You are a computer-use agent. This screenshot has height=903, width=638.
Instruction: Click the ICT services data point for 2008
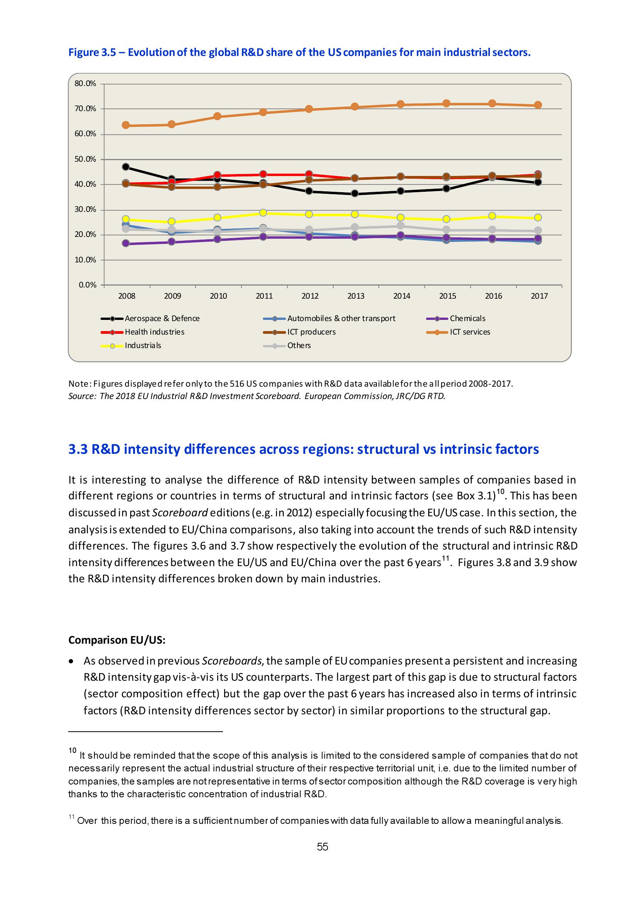(x=126, y=125)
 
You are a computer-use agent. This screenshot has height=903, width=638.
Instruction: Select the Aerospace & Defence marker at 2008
(x=126, y=167)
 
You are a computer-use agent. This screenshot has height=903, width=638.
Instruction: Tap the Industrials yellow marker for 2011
(x=263, y=213)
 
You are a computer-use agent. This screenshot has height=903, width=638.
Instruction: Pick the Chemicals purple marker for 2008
(x=126, y=243)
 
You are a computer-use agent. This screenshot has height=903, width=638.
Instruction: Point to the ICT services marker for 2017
(x=538, y=105)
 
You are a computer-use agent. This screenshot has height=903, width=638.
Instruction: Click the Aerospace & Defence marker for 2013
(x=354, y=193)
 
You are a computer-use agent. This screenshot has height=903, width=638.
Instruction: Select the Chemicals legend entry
(x=467, y=319)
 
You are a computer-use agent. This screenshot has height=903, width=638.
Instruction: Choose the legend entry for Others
(x=299, y=345)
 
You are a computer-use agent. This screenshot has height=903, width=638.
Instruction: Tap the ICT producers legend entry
(x=311, y=332)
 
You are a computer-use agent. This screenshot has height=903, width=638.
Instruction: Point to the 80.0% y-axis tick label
(x=85, y=83)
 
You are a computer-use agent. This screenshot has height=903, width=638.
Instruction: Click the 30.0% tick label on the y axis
(x=85, y=210)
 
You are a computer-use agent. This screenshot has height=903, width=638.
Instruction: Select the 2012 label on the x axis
(x=310, y=296)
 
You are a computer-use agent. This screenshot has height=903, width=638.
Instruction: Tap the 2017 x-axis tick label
(x=539, y=296)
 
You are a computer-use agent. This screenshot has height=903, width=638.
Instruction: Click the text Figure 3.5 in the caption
(x=92, y=53)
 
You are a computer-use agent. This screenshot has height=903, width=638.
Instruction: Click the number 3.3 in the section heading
(x=78, y=449)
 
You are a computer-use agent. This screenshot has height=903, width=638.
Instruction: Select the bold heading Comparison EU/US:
(x=117, y=640)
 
